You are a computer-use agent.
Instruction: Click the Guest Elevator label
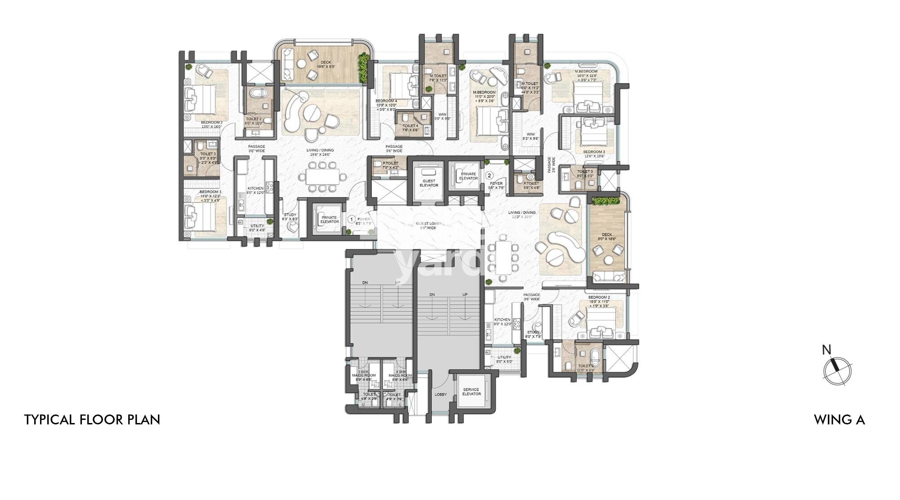[429, 183]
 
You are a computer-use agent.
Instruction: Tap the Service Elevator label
[471, 392]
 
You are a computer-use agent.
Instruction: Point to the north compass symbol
[837, 368]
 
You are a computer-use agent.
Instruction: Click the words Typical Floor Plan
[92, 420]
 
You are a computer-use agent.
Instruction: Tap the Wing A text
[839, 420]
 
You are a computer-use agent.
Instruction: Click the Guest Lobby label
[429, 225]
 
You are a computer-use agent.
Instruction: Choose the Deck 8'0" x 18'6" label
[607, 237]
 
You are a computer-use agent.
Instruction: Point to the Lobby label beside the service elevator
[441, 395]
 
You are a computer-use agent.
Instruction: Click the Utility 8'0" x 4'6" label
[257, 228]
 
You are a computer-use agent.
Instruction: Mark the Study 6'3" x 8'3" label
[290, 217]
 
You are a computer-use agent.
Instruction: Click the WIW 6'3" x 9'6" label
[531, 136]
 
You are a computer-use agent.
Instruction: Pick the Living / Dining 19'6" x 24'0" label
[320, 152]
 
